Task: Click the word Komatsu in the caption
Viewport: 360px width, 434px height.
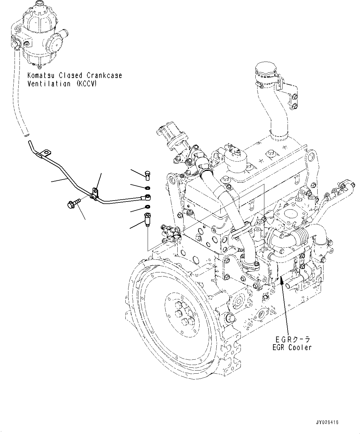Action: coord(42,75)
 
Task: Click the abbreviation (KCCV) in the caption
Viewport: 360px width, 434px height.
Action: coord(86,84)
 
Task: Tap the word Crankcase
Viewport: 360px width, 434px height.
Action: coord(104,75)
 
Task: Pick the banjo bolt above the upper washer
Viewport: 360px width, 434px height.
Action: coord(147,176)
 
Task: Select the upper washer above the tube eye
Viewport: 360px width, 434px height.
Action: coord(148,188)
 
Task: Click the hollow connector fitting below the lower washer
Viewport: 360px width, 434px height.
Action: coord(147,220)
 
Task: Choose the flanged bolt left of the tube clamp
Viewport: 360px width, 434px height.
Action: coord(74,203)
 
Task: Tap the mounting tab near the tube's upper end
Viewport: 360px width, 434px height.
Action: coord(46,153)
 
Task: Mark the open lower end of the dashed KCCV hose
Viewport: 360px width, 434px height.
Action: coord(27,136)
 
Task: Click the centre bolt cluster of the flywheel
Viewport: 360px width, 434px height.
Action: coord(184,315)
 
